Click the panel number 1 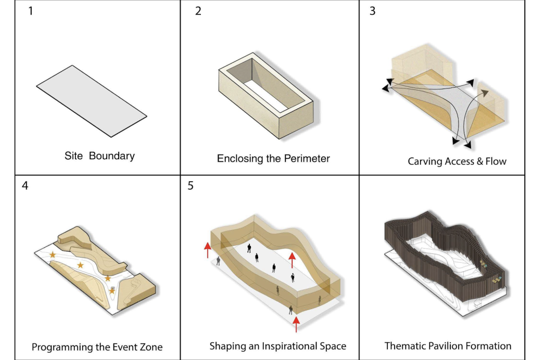click(x=31, y=10)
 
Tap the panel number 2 click(x=198, y=11)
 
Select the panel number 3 click(x=372, y=11)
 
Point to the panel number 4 click(x=25, y=186)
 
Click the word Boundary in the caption click(x=111, y=156)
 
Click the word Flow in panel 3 click(x=496, y=161)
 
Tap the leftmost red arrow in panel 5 click(x=207, y=249)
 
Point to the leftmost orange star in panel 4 click(x=53, y=254)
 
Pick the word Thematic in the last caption click(x=404, y=346)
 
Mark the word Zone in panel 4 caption click(x=151, y=347)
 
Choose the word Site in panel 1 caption click(x=73, y=156)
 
